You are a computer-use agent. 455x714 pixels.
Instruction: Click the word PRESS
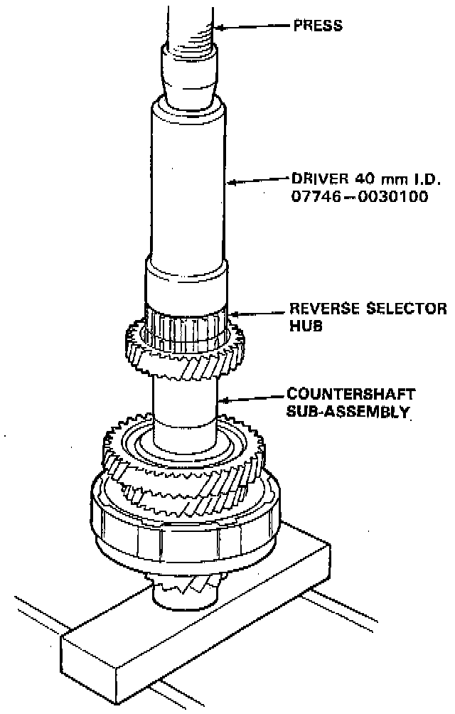[318, 27]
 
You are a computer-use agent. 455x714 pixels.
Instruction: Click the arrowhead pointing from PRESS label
[219, 28]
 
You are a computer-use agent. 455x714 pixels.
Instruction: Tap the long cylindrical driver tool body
[188, 185]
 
